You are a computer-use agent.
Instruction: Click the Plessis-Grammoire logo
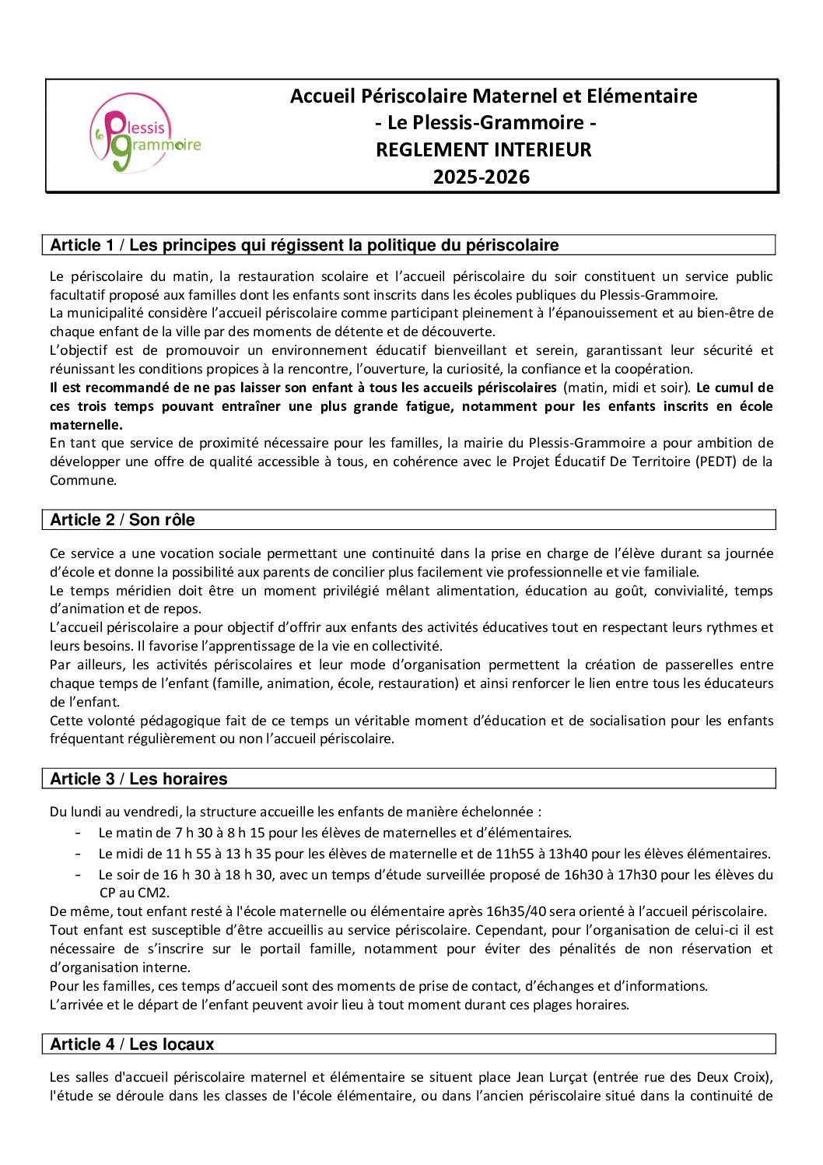coord(145,137)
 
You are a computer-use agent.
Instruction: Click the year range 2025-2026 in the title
coord(481,177)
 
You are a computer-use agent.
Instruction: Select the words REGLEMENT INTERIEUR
coord(483,149)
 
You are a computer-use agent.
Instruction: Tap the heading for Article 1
coord(304,245)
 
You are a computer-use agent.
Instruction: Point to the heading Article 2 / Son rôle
coord(122,520)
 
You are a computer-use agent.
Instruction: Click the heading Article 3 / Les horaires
coord(138,779)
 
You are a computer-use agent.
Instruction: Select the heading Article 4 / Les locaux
coord(131,1044)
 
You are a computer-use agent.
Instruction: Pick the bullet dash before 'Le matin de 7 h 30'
coord(79,833)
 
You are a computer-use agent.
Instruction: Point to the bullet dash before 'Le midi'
coord(79,854)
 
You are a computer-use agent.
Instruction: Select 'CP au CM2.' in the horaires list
coord(135,893)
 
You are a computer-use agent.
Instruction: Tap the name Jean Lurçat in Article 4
coord(552,1078)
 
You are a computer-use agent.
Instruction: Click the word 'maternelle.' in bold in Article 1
coord(86,425)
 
